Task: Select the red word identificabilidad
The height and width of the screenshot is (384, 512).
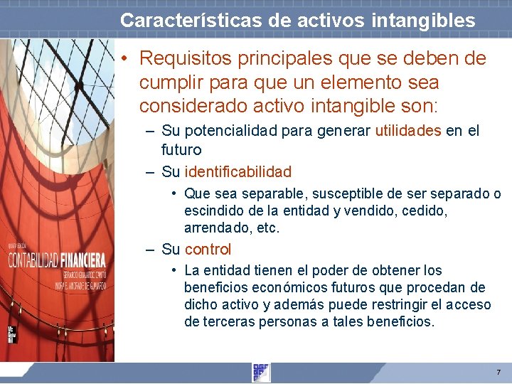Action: tap(238, 171)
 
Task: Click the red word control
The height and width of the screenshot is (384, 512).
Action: tap(208, 249)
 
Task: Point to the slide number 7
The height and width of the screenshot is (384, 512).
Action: tap(498, 372)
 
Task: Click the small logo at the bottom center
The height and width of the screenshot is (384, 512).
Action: tap(261, 372)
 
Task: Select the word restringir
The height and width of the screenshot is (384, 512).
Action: tap(395, 304)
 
